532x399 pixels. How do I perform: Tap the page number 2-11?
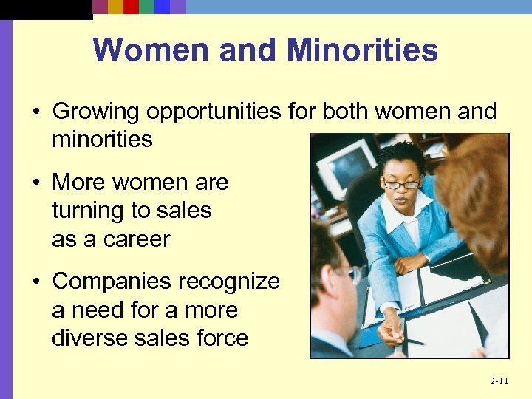[x=499, y=381]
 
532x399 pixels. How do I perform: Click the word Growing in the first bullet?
[x=96, y=112]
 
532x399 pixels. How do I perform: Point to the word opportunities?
[x=214, y=112]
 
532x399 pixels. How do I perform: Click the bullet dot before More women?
[x=35, y=183]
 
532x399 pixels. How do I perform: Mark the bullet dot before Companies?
[x=35, y=282]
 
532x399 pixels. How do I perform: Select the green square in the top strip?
[x=146, y=7]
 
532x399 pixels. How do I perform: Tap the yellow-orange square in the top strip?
[x=115, y=7]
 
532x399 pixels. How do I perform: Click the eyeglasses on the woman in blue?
[x=401, y=183]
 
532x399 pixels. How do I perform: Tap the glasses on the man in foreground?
[x=353, y=274]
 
